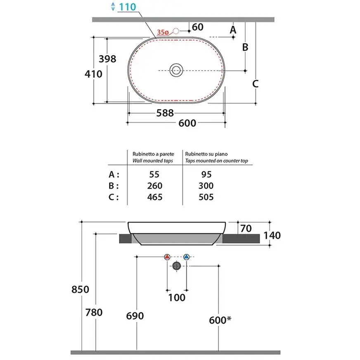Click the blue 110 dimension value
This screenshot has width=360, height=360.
128,7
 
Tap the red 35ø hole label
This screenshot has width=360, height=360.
163,32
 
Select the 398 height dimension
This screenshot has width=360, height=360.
107,59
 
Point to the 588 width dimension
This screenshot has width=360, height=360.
165,113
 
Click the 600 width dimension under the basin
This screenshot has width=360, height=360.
187,123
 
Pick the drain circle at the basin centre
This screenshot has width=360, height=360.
176,70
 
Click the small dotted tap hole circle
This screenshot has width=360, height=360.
176,31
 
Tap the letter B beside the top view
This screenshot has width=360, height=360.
245,47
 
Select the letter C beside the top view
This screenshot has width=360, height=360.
255,84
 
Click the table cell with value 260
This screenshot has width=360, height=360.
155,186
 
